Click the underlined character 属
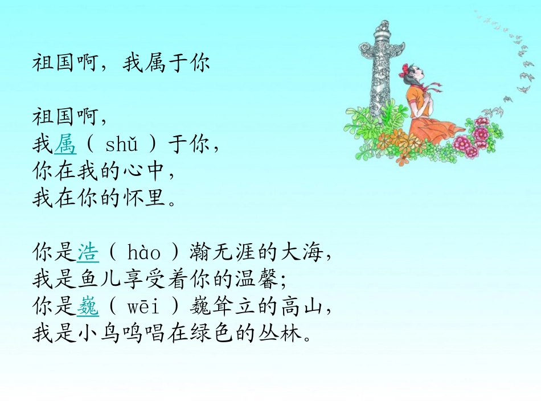tap(65, 145)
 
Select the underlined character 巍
tap(88, 308)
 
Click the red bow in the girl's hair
tap(405, 70)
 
